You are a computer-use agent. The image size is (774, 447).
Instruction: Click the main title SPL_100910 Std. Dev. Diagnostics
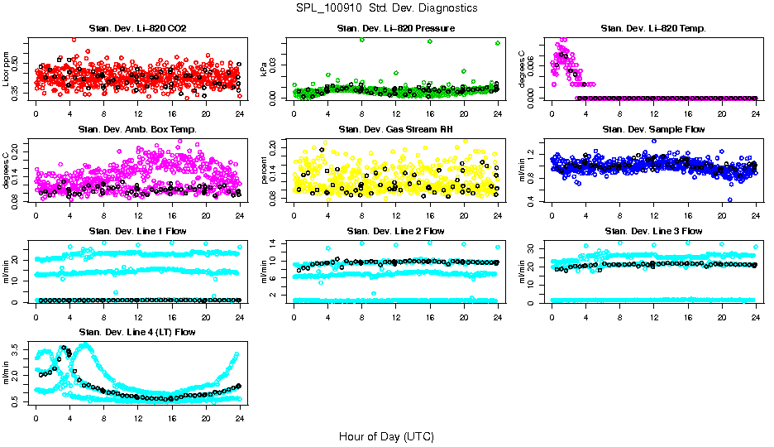[x=386, y=8]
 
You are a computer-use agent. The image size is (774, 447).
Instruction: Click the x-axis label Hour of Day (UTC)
[x=386, y=436]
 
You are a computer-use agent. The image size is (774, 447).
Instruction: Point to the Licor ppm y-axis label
[x=7, y=70]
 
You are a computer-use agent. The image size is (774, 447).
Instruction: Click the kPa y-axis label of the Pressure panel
[x=265, y=70]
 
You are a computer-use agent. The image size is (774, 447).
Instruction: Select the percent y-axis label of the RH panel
[x=265, y=171]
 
